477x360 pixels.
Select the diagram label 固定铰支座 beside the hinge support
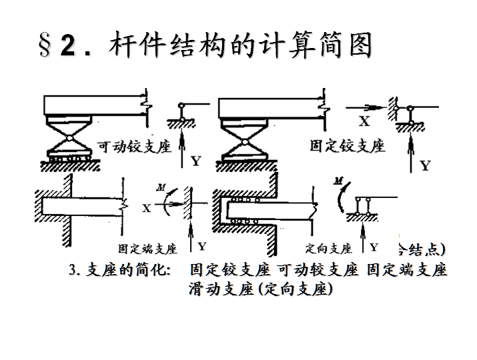pyautogui.click(x=348, y=145)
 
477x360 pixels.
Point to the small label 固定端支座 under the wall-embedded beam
pyautogui.click(x=147, y=249)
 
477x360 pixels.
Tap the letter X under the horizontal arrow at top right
pyautogui.click(x=364, y=121)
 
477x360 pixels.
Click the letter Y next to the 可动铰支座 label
pyautogui.click(x=195, y=160)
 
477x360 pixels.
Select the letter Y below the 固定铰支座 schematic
pyautogui.click(x=425, y=165)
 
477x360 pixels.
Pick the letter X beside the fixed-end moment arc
pyautogui.click(x=146, y=207)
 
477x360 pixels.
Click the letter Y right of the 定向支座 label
pyautogui.click(x=374, y=247)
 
